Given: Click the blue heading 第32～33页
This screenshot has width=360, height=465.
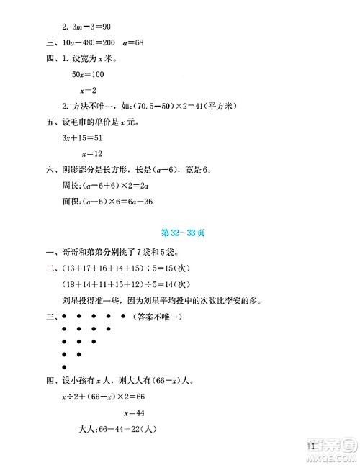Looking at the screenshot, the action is (x=179, y=232).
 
